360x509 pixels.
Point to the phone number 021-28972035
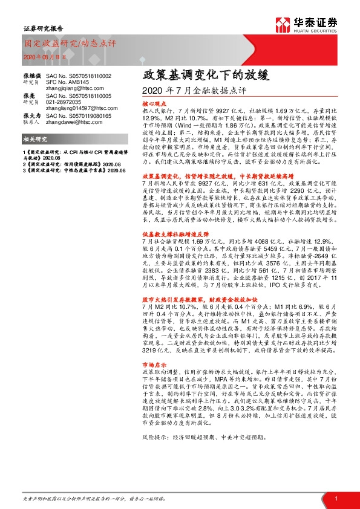tap(64, 102)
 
